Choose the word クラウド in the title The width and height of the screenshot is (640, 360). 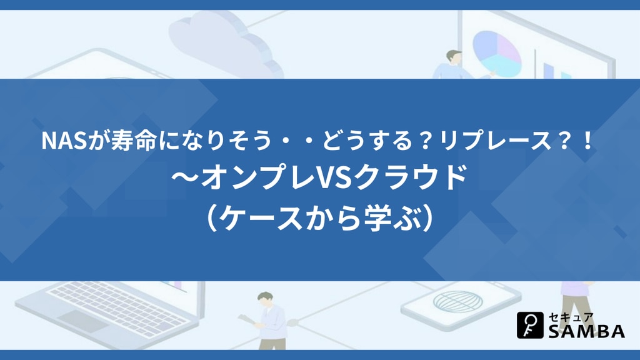coord(408,178)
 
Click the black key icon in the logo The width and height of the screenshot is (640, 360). coord(530,325)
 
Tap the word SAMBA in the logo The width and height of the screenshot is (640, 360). coord(586,331)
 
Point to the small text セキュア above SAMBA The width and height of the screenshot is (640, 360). coord(571,317)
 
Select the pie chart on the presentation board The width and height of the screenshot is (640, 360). coord(497,54)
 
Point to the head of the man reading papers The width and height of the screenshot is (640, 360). coord(265,300)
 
